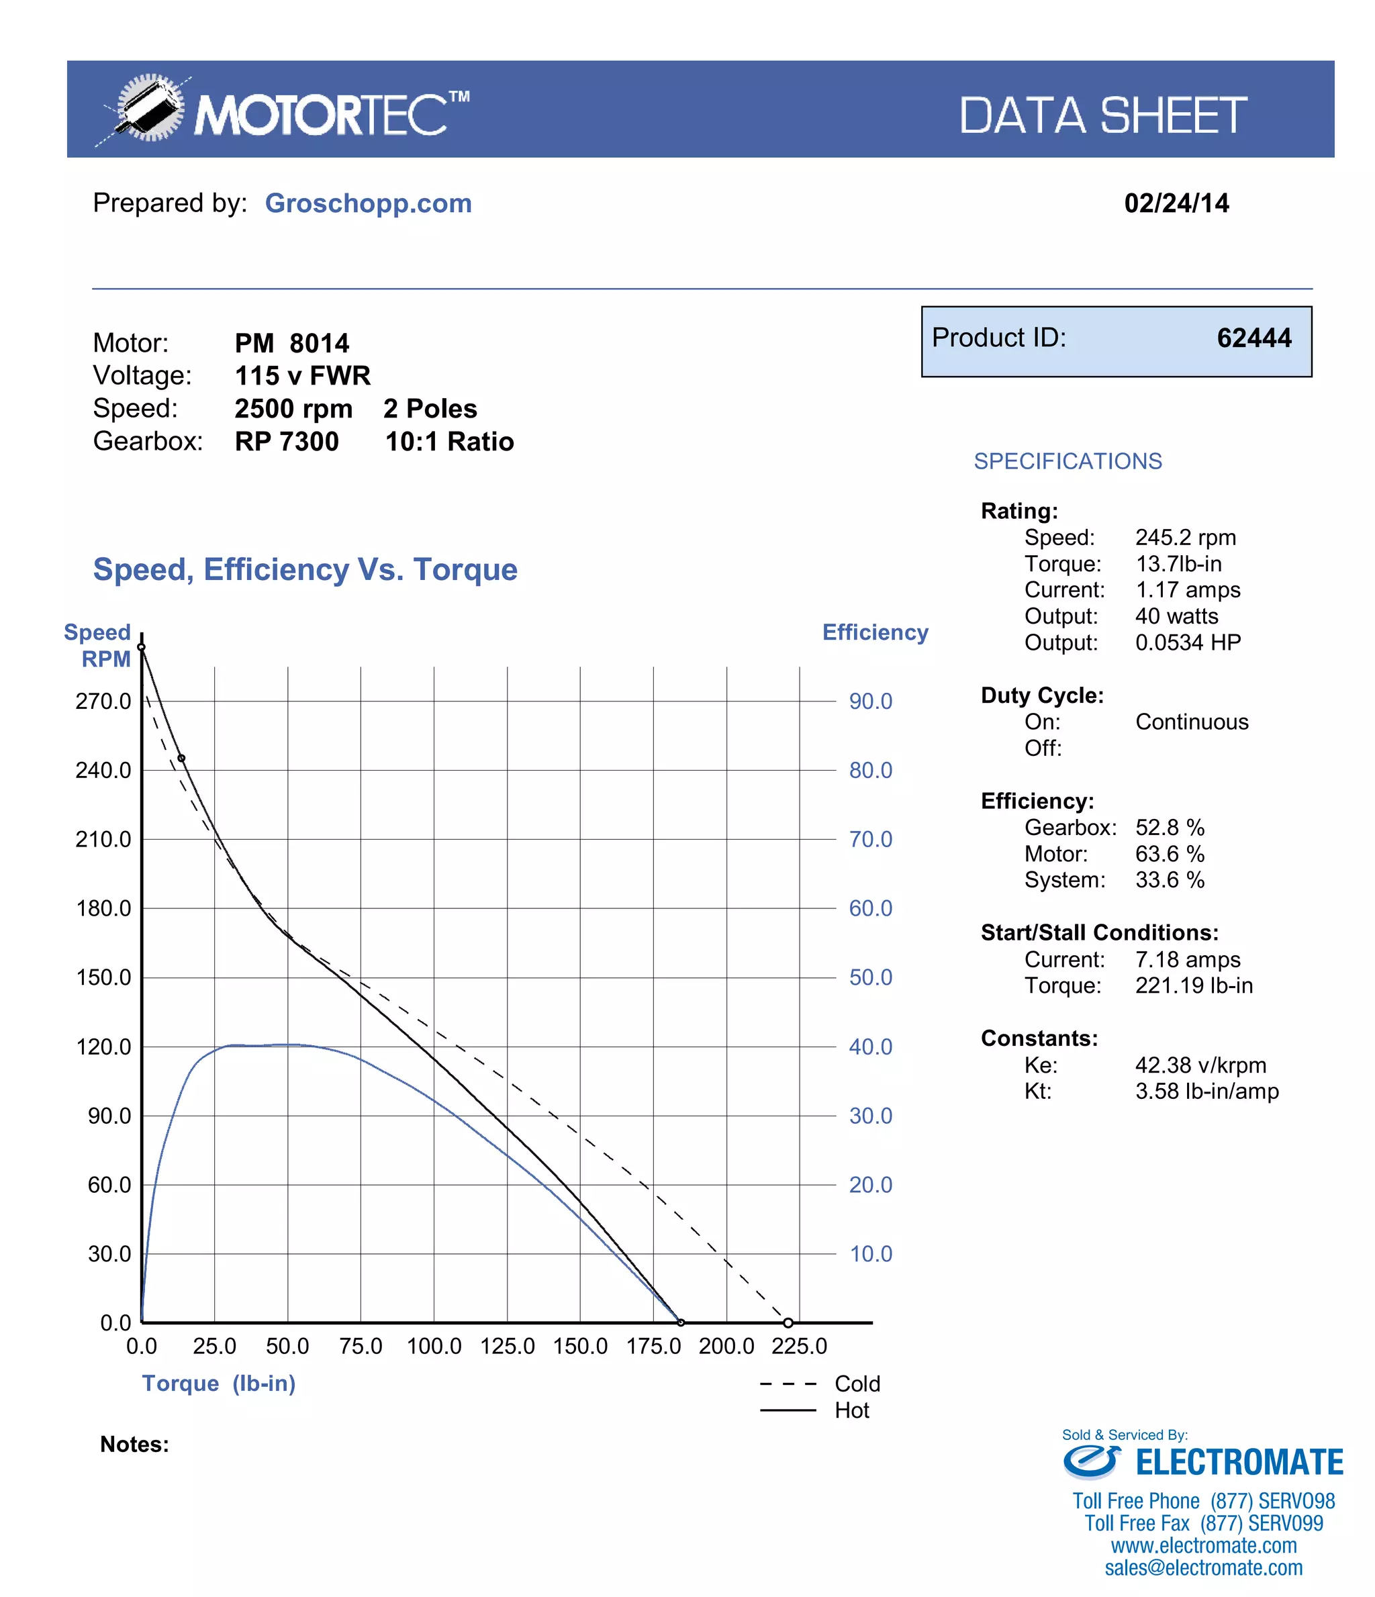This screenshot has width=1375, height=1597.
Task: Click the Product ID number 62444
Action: [x=1253, y=338]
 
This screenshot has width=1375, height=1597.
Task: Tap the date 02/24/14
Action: [x=1176, y=203]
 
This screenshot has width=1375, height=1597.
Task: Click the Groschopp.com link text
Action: [x=368, y=203]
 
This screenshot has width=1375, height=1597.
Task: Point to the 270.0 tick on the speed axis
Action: [x=103, y=701]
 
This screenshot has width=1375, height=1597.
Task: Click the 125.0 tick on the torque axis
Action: [x=507, y=1346]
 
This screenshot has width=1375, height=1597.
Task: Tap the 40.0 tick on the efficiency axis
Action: [x=870, y=1047]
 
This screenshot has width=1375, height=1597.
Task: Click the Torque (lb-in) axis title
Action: [x=218, y=1383]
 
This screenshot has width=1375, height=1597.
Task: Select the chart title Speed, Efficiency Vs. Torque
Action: [x=305, y=569]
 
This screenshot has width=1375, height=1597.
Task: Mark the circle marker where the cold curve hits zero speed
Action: [x=788, y=1322]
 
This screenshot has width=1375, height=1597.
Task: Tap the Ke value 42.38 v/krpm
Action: [x=1200, y=1065]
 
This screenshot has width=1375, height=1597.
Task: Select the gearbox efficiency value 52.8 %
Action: [x=1169, y=827]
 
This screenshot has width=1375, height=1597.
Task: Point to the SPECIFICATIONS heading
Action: [x=1068, y=461]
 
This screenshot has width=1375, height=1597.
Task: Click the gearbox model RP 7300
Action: [x=287, y=442]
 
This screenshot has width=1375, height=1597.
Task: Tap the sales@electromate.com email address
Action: [x=1203, y=1567]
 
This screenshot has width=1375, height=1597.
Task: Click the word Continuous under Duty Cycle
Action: [x=1191, y=722]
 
